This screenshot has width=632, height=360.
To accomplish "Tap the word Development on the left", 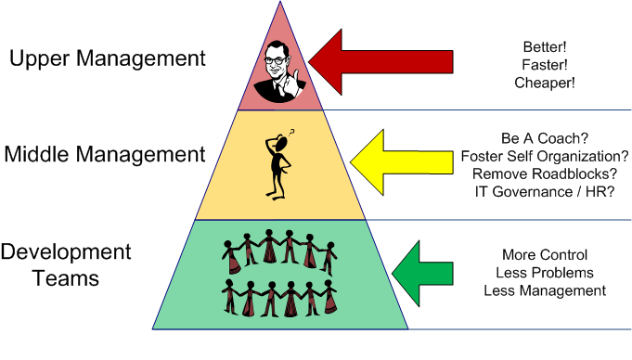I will [x=66, y=251].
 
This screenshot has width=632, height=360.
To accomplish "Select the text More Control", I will [x=544, y=255].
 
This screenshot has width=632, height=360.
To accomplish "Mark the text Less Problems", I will [x=544, y=273].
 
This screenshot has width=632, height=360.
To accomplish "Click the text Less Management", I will [x=544, y=290].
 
